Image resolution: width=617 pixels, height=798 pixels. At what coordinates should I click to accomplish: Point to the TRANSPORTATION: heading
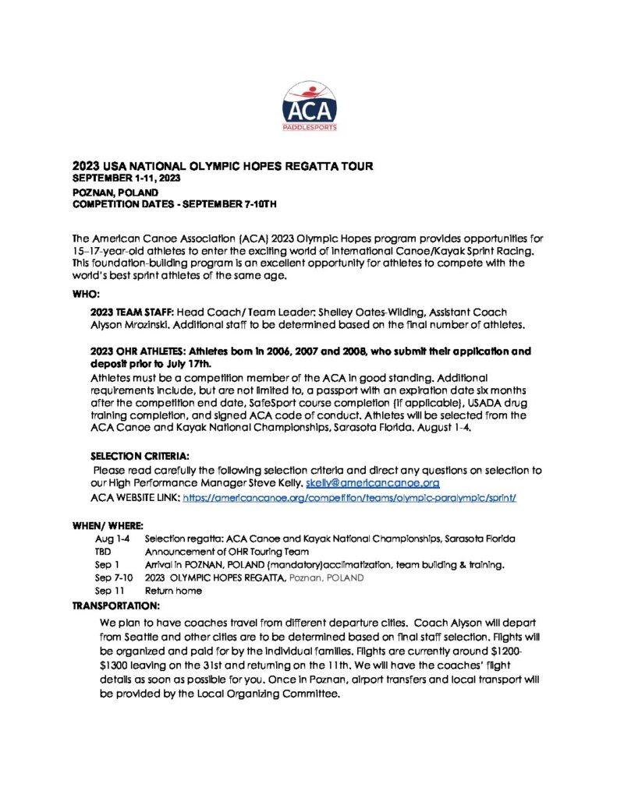click(116, 605)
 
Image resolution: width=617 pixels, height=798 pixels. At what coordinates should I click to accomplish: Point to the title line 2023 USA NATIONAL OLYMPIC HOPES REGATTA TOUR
click(222, 166)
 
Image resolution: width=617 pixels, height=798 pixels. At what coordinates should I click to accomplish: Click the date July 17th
click(188, 363)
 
